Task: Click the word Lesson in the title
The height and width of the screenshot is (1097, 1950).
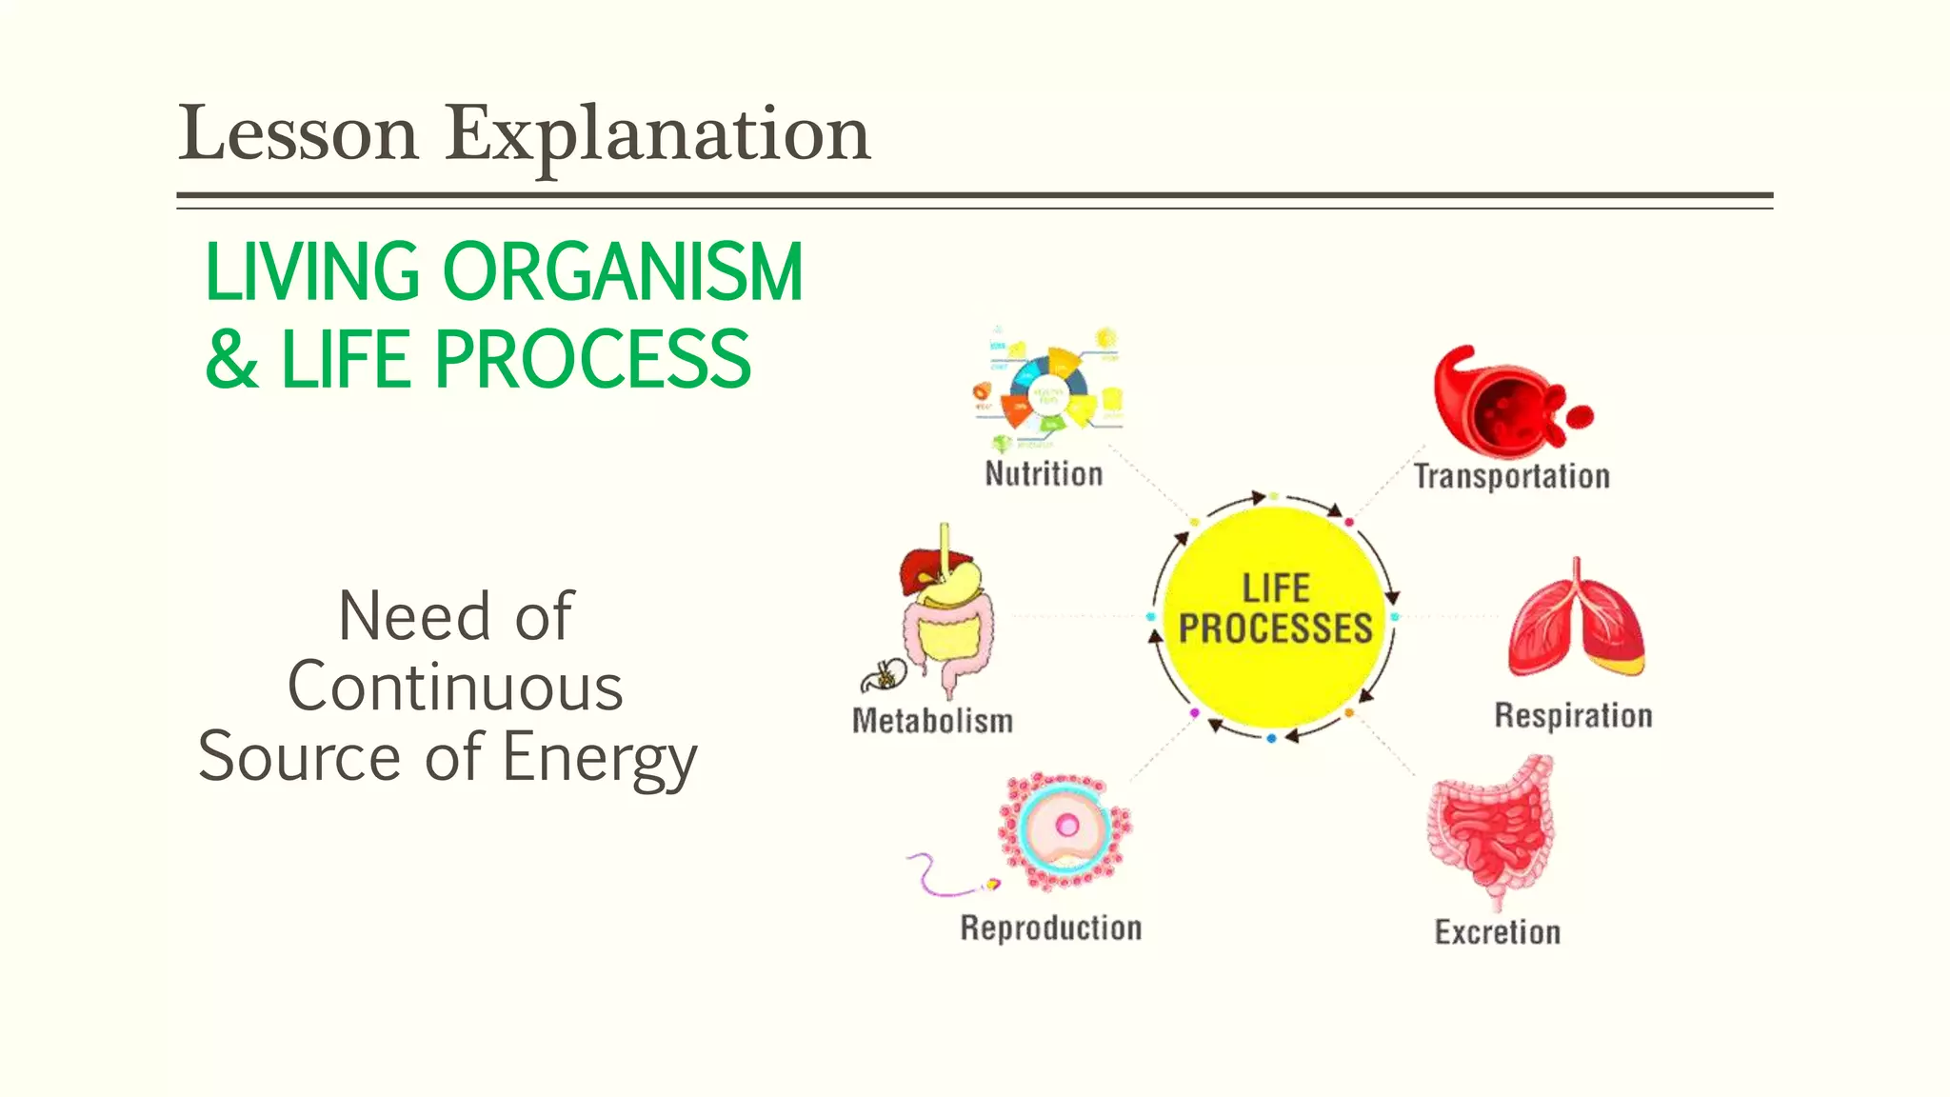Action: click(x=299, y=133)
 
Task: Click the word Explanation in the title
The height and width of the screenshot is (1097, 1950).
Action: click(x=657, y=133)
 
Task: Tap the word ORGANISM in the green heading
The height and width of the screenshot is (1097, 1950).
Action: click(x=623, y=272)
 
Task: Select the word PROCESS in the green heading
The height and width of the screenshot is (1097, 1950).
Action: click(x=592, y=360)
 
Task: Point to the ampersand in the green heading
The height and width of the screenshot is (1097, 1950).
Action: click(x=231, y=360)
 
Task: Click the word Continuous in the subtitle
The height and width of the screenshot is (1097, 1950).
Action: click(x=455, y=687)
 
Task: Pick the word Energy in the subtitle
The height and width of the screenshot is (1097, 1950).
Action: click(x=600, y=758)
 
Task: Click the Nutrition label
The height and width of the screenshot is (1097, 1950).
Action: click(x=1044, y=473)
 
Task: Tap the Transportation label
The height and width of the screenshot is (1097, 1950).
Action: click(x=1511, y=475)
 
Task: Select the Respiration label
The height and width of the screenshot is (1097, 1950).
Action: click(x=1573, y=715)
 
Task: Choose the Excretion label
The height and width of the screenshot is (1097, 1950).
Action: click(x=1498, y=931)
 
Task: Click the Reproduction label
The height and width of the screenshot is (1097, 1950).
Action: click(x=1050, y=927)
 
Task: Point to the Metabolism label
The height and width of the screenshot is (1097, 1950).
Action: click(x=932, y=721)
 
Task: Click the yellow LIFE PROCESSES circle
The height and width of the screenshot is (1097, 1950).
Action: click(x=1275, y=614)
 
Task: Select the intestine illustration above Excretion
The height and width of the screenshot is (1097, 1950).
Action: click(x=1492, y=828)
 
